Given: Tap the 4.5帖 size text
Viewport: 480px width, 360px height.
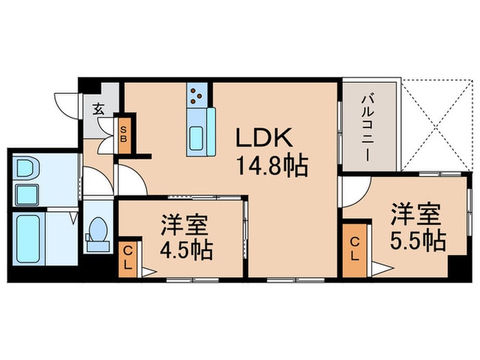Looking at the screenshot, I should tap(186, 248).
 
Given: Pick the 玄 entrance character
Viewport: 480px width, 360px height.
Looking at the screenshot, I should tap(99, 108).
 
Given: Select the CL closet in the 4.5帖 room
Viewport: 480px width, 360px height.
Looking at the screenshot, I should tap(128, 257).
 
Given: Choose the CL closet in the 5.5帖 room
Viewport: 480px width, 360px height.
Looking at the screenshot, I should tap(355, 249).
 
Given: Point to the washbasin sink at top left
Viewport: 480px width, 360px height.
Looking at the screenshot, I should tap(26, 167).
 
